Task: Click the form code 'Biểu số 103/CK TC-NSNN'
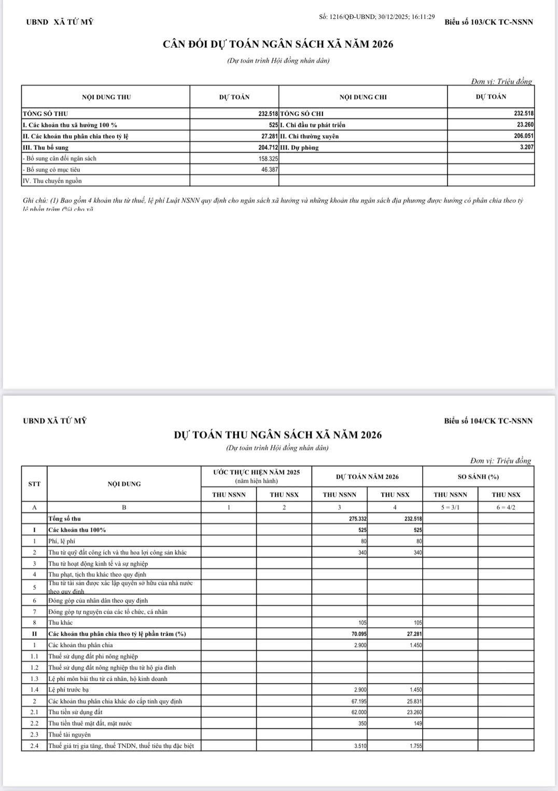(489, 22)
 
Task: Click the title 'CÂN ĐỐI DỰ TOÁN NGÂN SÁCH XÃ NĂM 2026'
(278, 44)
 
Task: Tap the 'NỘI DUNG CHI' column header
(363, 97)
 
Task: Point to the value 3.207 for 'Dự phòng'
(527, 147)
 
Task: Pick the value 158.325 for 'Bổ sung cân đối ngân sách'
(268, 158)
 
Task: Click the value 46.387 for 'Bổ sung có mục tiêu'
(270, 170)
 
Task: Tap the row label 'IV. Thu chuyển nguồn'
(52, 181)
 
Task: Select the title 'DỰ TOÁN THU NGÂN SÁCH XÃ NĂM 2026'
(277, 435)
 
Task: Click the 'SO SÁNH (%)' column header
(478, 476)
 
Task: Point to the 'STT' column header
(34, 484)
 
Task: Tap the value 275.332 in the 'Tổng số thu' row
(358, 519)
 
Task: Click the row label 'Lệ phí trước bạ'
(68, 690)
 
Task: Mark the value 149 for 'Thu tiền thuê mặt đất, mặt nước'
(417, 723)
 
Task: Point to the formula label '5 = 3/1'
(450, 507)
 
